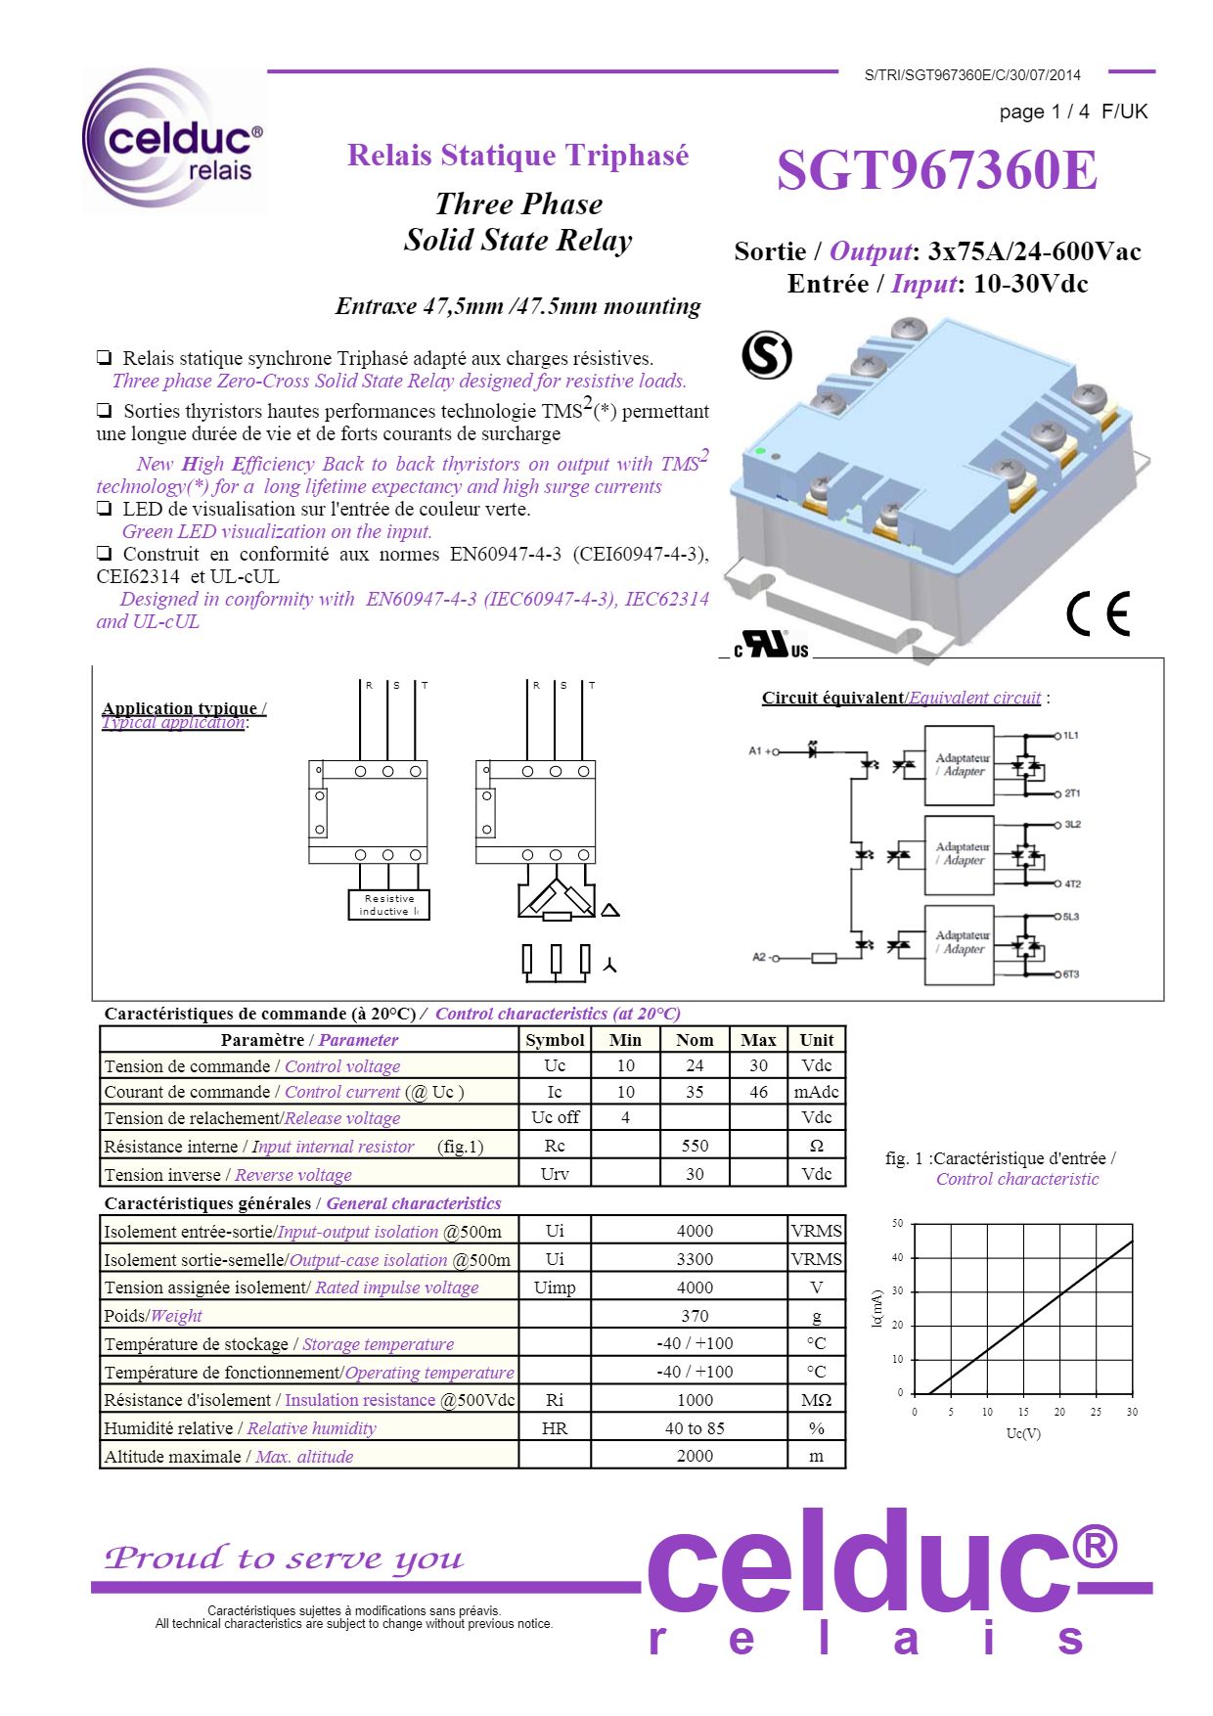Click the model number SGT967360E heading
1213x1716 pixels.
936,171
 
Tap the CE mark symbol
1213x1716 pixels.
1098,613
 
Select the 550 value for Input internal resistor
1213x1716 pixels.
695,1146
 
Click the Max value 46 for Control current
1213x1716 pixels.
758,1092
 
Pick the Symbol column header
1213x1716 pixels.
555,1040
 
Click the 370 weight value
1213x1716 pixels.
695,1316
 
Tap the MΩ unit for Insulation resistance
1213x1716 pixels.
816,1400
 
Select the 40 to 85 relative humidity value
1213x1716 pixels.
695,1428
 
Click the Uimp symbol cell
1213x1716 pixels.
555,1287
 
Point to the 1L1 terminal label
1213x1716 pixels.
1071,735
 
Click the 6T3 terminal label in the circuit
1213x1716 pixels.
1071,974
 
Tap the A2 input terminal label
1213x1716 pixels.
759,957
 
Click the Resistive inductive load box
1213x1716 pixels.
388,905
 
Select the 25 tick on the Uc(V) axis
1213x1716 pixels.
1096,1412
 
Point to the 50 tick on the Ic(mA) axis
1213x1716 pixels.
898,1224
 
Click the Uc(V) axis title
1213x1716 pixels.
1023,1433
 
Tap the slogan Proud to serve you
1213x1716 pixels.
284,1558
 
